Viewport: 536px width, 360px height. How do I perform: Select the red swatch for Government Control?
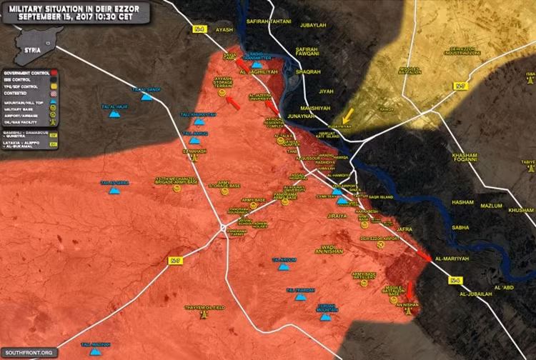(53, 72)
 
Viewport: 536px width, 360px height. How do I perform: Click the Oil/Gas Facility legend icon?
(53, 121)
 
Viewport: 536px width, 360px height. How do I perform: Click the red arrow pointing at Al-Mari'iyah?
(424, 256)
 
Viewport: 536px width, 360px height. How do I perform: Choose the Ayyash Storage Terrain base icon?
(222, 94)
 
